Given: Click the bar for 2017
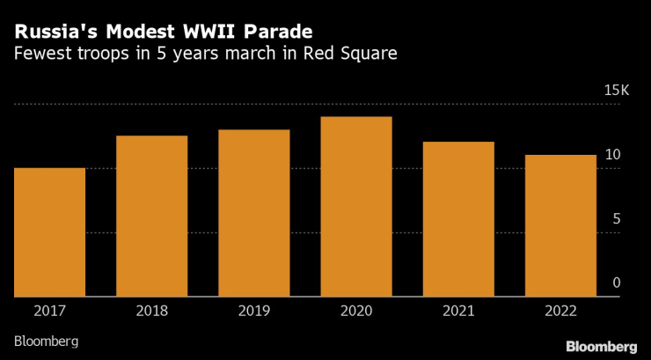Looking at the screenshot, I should (49, 232).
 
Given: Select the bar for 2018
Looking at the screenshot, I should (151, 217).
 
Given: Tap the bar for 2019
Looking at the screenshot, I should (254, 213).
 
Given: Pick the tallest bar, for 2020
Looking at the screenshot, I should (356, 207).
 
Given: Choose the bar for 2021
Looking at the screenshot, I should (458, 219).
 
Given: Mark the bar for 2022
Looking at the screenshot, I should (560, 226).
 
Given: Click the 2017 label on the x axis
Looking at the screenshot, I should (49, 310).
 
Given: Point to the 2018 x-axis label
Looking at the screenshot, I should (151, 310).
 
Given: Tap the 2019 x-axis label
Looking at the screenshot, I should (254, 310).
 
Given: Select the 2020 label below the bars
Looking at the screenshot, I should (356, 310).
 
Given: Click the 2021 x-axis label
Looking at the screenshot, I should (458, 310).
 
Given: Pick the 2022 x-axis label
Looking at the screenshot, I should (560, 310).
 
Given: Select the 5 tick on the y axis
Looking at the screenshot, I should (616, 219).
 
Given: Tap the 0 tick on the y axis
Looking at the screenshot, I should (616, 283).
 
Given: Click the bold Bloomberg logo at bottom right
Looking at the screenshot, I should (601, 345).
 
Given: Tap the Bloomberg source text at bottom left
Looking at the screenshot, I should (46, 340).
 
